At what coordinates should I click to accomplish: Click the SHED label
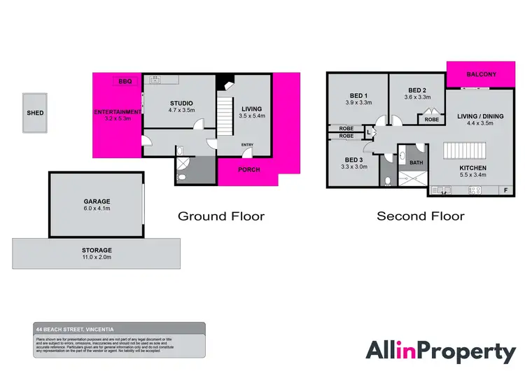coord(34,113)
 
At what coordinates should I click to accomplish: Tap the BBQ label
coord(125,82)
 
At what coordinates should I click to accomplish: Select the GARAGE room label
coord(97,202)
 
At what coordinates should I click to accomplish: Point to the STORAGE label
coord(97,250)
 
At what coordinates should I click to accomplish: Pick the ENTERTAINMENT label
coord(118,112)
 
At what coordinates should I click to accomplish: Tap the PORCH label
coord(248,169)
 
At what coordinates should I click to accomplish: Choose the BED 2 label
coord(417,90)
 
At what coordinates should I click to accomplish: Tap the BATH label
coord(416,163)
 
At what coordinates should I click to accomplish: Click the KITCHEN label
coord(472,169)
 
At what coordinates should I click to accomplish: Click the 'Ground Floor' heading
coord(221,216)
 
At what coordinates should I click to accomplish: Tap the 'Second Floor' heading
coord(420,216)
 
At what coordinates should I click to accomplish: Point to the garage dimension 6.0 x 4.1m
coord(97,209)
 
